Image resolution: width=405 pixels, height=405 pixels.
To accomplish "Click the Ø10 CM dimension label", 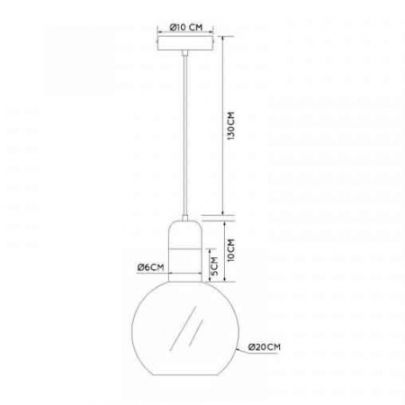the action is coord(186,27).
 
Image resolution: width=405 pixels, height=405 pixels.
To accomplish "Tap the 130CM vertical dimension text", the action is coord(231,126).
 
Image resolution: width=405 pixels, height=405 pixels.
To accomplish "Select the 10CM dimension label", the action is coord(231,250).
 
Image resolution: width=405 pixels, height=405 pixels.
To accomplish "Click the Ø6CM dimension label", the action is coord(150,267).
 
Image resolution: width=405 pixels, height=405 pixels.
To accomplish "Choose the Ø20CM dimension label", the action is coord(265,347).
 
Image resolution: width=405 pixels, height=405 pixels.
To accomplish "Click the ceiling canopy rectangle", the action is coord(185,44).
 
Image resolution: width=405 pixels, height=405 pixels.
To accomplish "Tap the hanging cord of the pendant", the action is coord(185,135).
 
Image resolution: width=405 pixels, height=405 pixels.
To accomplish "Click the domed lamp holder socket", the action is coord(185,251).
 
